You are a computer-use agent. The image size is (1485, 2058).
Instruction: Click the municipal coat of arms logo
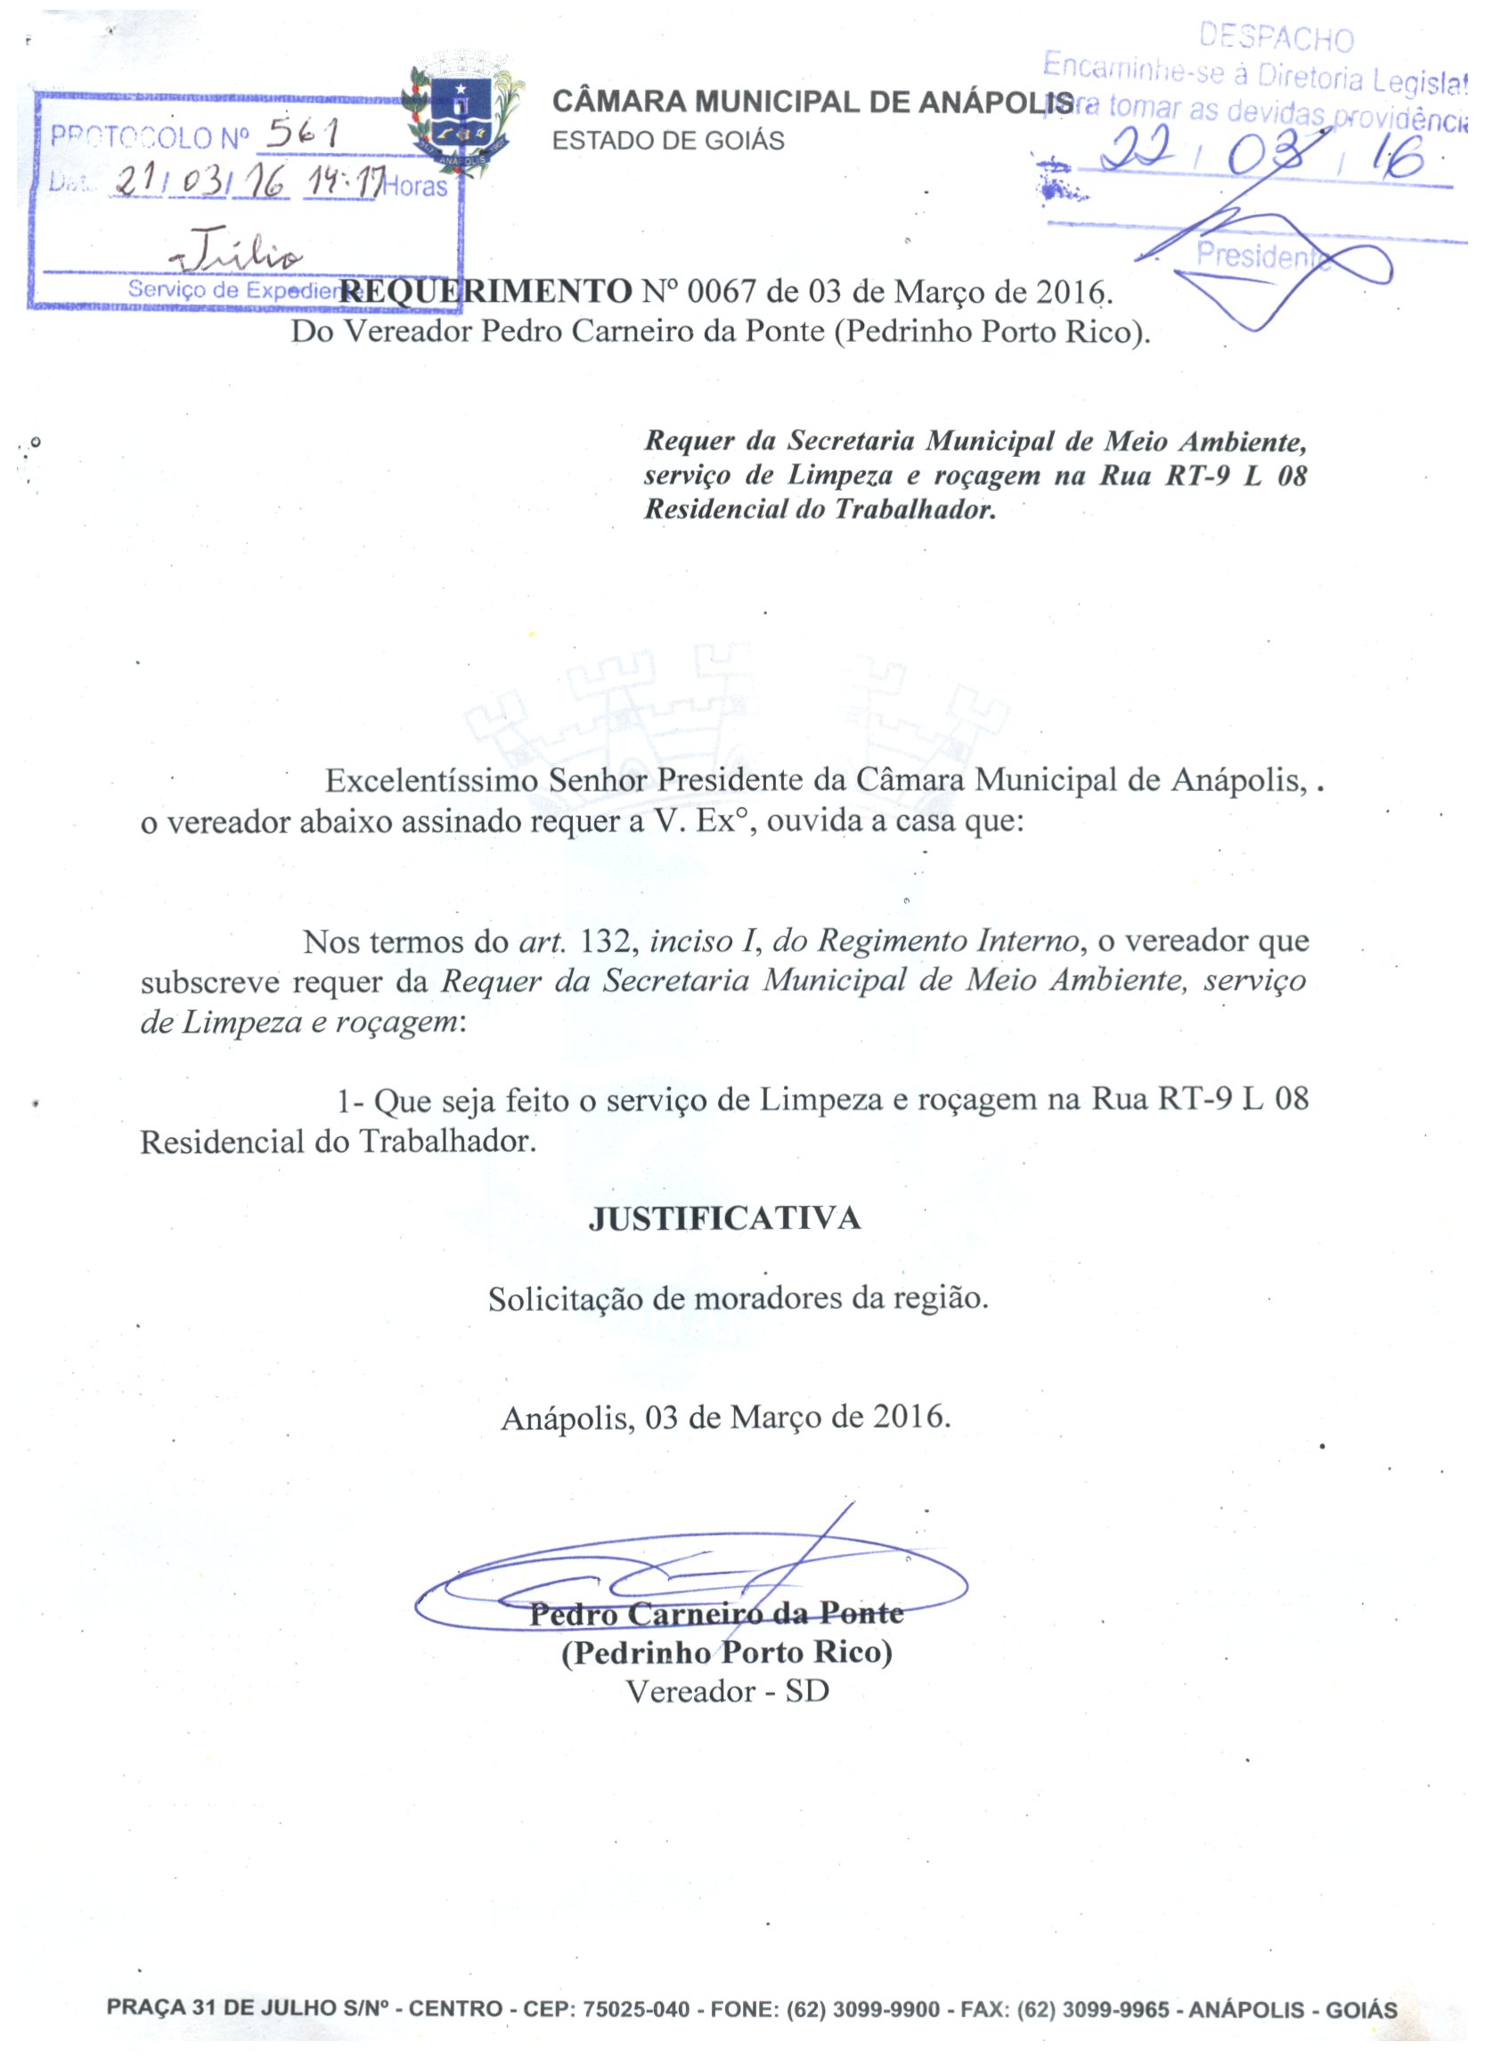(x=463, y=116)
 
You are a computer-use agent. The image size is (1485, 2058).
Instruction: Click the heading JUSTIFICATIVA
(x=724, y=1218)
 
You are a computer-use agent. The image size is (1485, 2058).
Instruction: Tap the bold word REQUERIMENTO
(x=485, y=292)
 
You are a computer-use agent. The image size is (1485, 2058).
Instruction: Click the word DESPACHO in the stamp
(x=1276, y=38)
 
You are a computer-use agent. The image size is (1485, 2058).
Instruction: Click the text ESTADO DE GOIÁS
(x=668, y=142)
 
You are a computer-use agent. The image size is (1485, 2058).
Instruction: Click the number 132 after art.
(x=606, y=941)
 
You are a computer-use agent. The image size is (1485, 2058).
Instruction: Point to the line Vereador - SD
(x=727, y=1691)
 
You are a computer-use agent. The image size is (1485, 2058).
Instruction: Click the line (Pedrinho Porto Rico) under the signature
(x=726, y=1652)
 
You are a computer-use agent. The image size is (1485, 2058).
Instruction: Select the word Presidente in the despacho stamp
(x=1257, y=256)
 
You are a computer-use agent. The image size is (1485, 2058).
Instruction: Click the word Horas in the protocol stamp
(x=416, y=187)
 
